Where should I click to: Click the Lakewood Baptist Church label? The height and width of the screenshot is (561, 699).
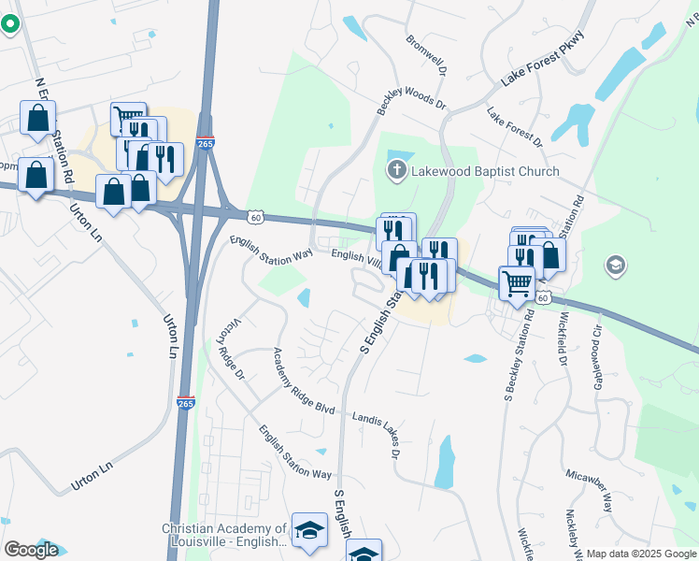pos(485,171)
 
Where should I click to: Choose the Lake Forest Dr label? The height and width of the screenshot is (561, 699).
pos(514,127)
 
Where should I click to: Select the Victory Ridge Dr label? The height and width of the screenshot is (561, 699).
pos(230,347)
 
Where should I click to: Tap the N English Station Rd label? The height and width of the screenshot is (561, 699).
pos(54,131)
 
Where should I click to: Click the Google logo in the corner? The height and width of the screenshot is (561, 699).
pos(31,550)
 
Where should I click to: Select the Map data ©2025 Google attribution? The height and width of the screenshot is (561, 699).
pos(641,554)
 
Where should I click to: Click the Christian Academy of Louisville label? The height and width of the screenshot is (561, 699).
pos(224,536)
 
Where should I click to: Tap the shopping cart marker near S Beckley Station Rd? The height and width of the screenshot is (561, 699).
pos(517,282)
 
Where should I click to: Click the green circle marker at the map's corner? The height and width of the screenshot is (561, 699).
pos(10,22)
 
